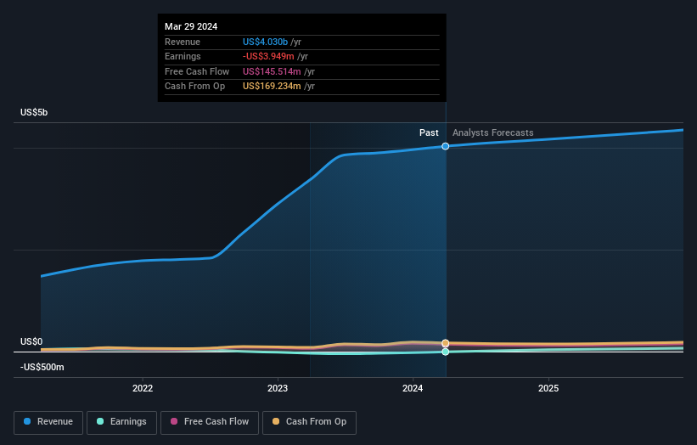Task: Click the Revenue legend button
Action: click(48, 422)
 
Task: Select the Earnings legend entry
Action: click(120, 422)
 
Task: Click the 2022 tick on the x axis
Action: click(143, 389)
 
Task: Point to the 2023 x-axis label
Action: click(278, 389)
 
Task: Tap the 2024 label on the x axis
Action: click(413, 389)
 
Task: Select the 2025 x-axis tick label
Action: click(548, 389)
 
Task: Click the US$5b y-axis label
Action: click(35, 113)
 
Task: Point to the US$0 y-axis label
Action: click(31, 342)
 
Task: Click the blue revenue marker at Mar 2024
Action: click(446, 146)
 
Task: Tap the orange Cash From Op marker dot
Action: click(446, 343)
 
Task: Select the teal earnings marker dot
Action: click(446, 352)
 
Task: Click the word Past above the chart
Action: click(429, 132)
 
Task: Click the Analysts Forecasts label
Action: click(493, 132)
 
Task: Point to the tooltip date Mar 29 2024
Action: click(191, 26)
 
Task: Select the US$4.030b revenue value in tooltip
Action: click(266, 41)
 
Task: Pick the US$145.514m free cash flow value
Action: click(271, 71)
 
